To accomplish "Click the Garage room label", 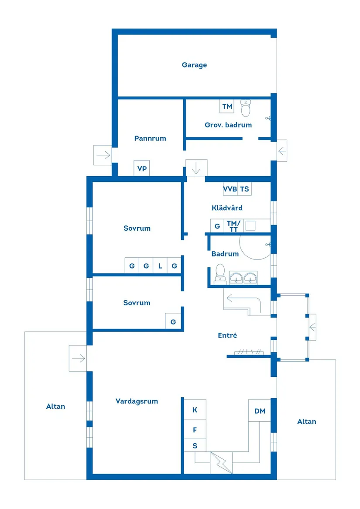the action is pos(194,65).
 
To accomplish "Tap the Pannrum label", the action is pos(150,138).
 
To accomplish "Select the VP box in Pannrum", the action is pos(142,168).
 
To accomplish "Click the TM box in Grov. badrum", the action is pos(227,106).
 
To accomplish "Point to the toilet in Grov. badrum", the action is pos(246,108).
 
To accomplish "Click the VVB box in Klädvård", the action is pos(230,189).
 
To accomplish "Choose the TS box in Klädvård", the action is pos(244,189).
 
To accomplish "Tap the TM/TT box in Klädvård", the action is pos(233,226).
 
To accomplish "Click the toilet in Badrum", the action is pos(220,274).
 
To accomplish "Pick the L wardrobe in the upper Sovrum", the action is pos(160,266).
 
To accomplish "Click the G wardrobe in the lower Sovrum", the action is pos(173,322).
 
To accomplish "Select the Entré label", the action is pos(227,335).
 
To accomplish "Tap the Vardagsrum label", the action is pos(137,402).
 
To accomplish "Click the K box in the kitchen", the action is pos(195,410).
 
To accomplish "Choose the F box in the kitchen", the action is pos(195,430).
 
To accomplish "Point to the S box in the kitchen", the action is pos(195,446).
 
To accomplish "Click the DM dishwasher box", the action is pos(260,411).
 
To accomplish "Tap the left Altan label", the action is pos(55,407).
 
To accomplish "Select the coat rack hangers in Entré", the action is pos(249,352).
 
